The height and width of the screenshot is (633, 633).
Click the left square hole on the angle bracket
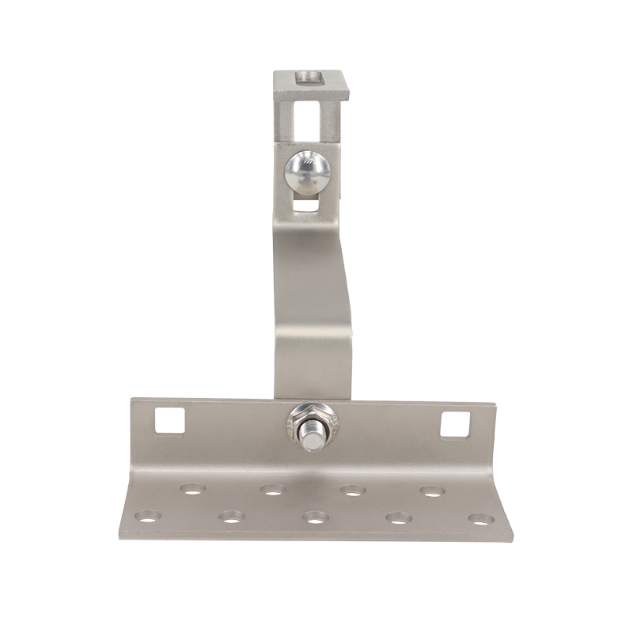point(169,420)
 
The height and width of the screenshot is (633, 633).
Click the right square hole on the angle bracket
point(455,425)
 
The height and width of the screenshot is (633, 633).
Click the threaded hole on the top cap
point(306,78)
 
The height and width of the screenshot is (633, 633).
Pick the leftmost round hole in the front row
point(146,517)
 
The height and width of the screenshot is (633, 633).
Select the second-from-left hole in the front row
point(231,517)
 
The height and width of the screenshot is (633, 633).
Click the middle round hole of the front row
point(315,517)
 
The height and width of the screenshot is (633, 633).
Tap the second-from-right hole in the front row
point(398,518)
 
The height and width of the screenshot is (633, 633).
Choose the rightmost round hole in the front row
point(480,520)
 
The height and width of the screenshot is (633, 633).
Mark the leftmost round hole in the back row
point(191,489)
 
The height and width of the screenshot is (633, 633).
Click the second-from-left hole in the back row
point(272,490)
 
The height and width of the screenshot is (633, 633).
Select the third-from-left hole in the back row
point(352,491)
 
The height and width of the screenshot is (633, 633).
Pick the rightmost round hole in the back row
point(431,491)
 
